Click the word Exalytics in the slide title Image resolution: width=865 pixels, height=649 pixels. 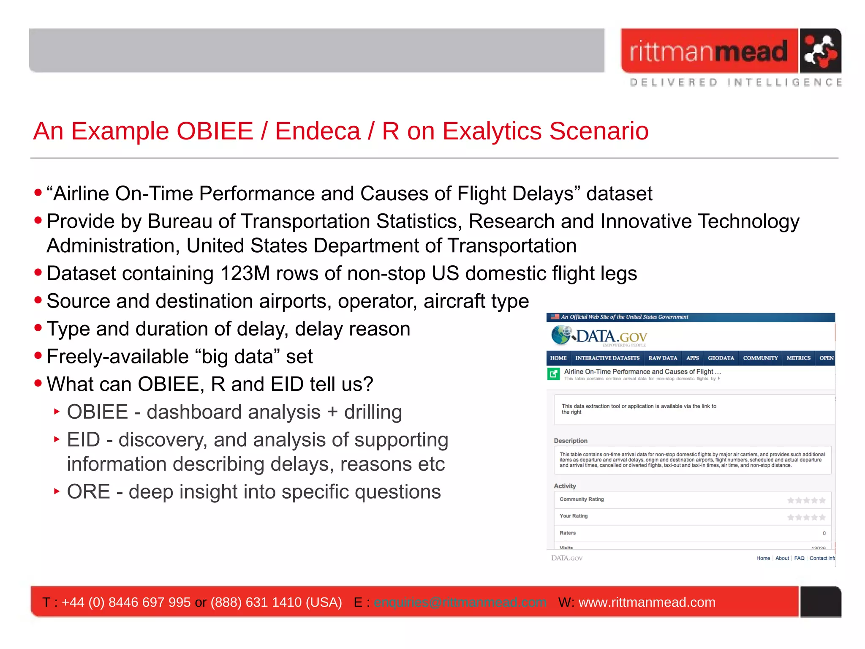(x=492, y=131)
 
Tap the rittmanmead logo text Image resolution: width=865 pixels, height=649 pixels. (x=709, y=52)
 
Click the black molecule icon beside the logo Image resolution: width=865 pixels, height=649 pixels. (x=820, y=51)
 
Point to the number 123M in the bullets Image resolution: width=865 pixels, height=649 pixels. (x=245, y=274)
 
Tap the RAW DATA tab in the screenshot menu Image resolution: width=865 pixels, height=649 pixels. (x=663, y=358)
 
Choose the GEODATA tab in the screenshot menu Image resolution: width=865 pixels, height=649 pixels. (x=721, y=358)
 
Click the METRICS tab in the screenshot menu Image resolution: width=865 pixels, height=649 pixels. (x=798, y=358)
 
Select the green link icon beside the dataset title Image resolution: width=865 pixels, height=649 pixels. (x=553, y=374)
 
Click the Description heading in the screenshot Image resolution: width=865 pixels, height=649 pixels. (x=571, y=441)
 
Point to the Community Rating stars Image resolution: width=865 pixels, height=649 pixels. (x=806, y=500)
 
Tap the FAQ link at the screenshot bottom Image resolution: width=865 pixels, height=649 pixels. (x=799, y=558)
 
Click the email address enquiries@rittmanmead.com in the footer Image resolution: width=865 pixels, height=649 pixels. (x=460, y=602)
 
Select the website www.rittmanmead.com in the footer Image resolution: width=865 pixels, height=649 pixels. (x=647, y=602)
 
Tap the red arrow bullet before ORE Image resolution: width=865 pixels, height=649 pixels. (x=57, y=491)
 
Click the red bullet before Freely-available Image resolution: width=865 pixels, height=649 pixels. (x=38, y=356)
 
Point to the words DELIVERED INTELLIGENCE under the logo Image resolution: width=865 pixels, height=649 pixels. (x=736, y=82)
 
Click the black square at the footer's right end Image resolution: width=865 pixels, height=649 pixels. (x=820, y=602)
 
